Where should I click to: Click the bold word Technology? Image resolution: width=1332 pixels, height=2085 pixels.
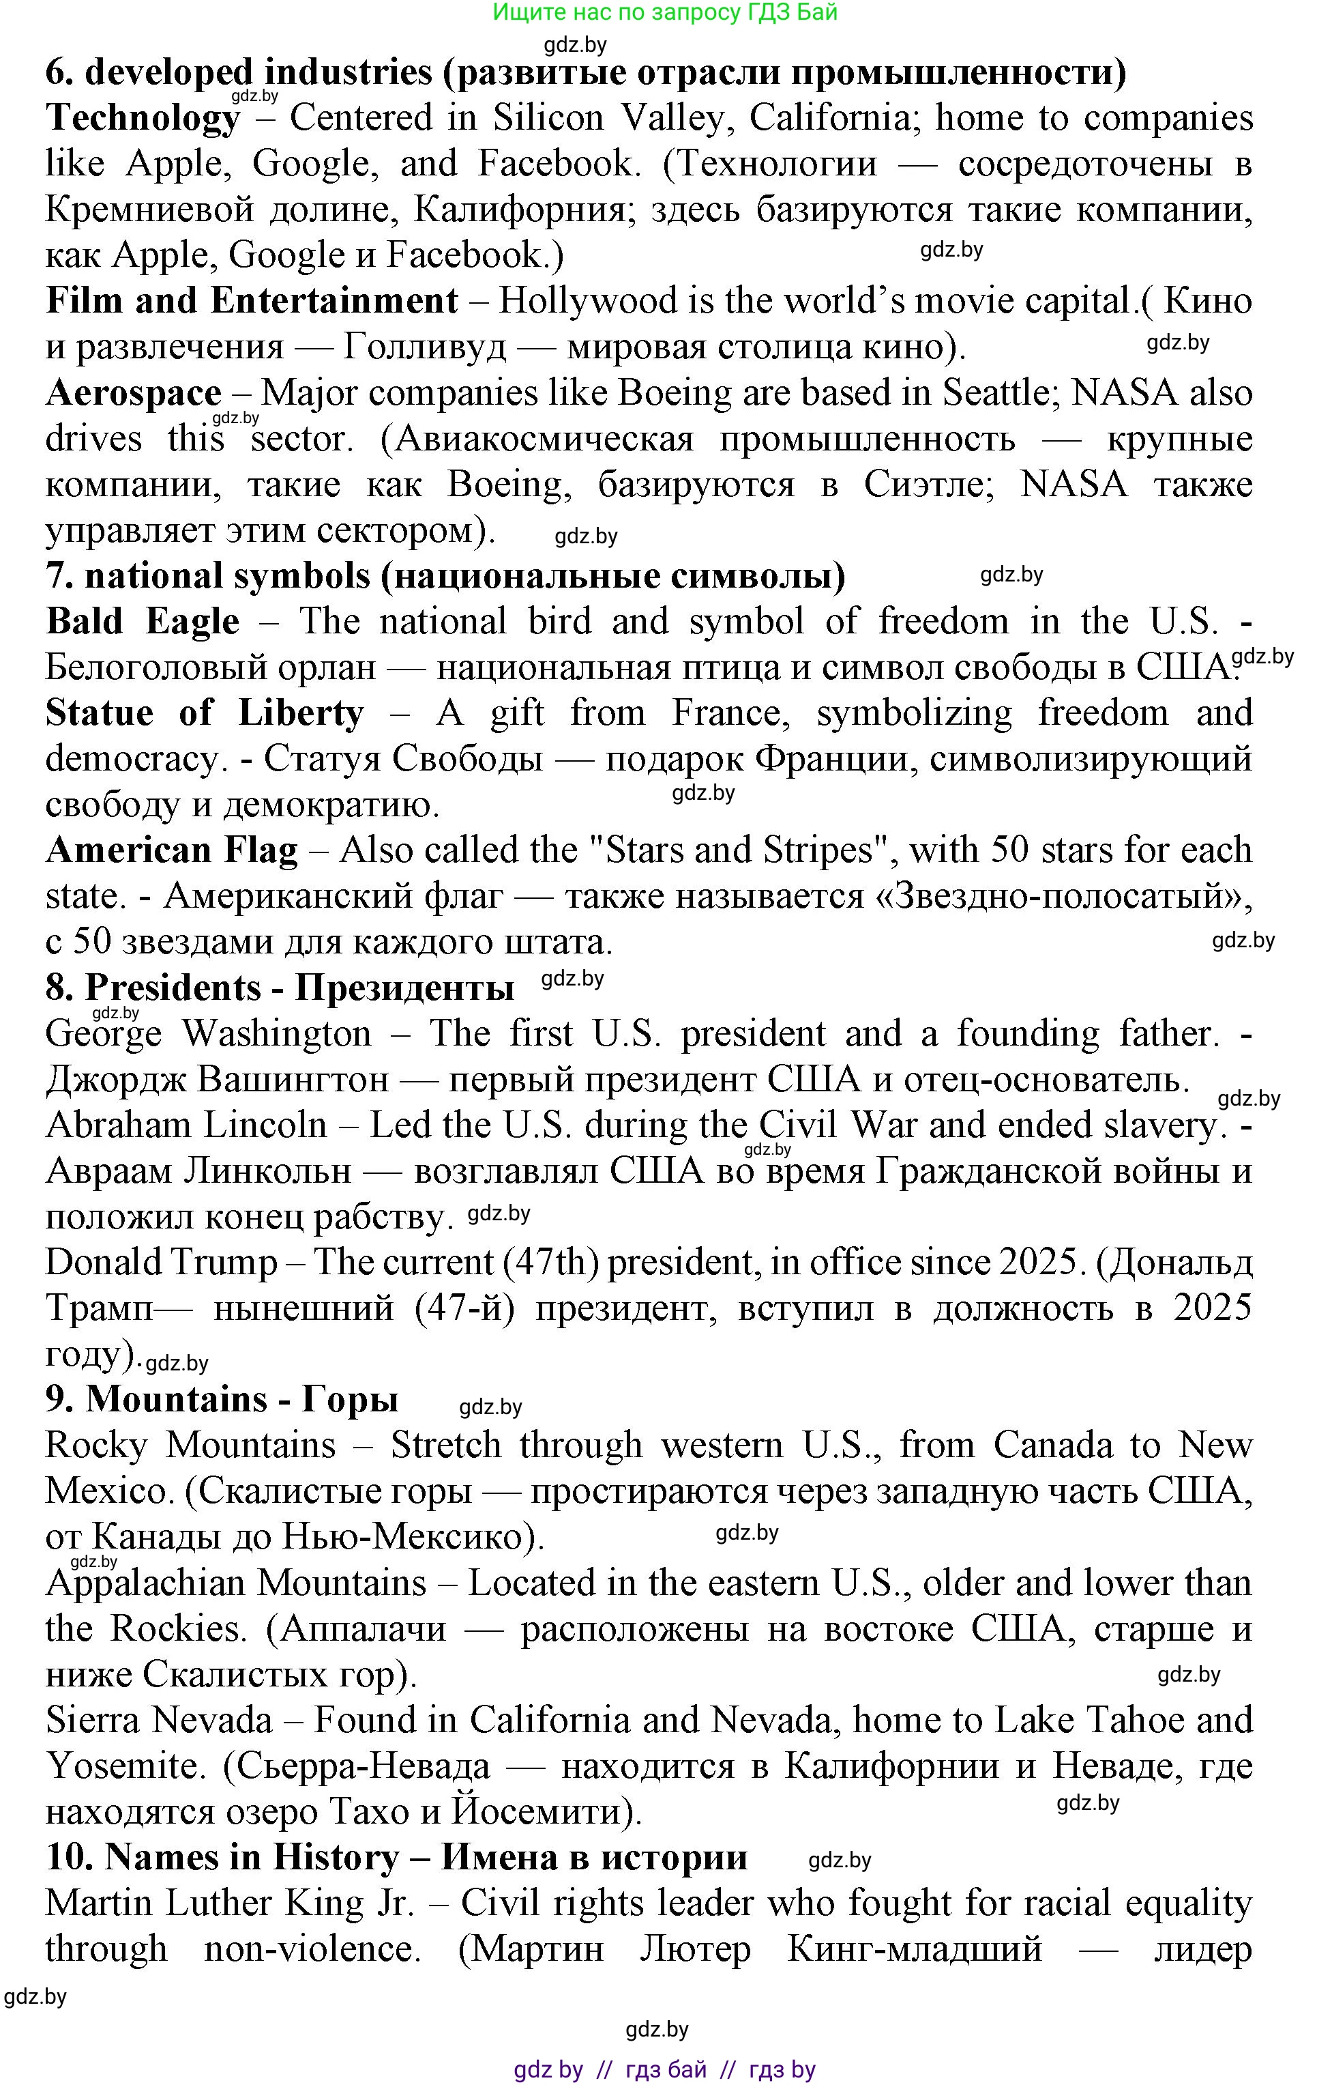pyautogui.click(x=143, y=119)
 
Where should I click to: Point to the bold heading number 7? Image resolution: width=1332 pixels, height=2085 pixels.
pyautogui.click(x=60, y=576)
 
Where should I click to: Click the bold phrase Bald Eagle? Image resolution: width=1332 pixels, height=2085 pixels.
pyautogui.click(x=143, y=622)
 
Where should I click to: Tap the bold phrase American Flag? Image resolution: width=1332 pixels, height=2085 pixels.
pyautogui.click(x=171, y=850)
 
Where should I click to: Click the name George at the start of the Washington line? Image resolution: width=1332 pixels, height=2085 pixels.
pyautogui.click(x=104, y=1034)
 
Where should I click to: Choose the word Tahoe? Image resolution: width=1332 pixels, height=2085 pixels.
pyautogui.click(x=1134, y=1721)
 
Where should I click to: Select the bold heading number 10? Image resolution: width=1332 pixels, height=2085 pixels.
pyautogui.click(x=68, y=1857)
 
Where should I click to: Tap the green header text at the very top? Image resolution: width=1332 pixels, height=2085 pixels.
pyautogui.click(x=665, y=12)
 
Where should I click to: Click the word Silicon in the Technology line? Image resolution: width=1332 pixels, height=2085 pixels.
pyautogui.click(x=548, y=119)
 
